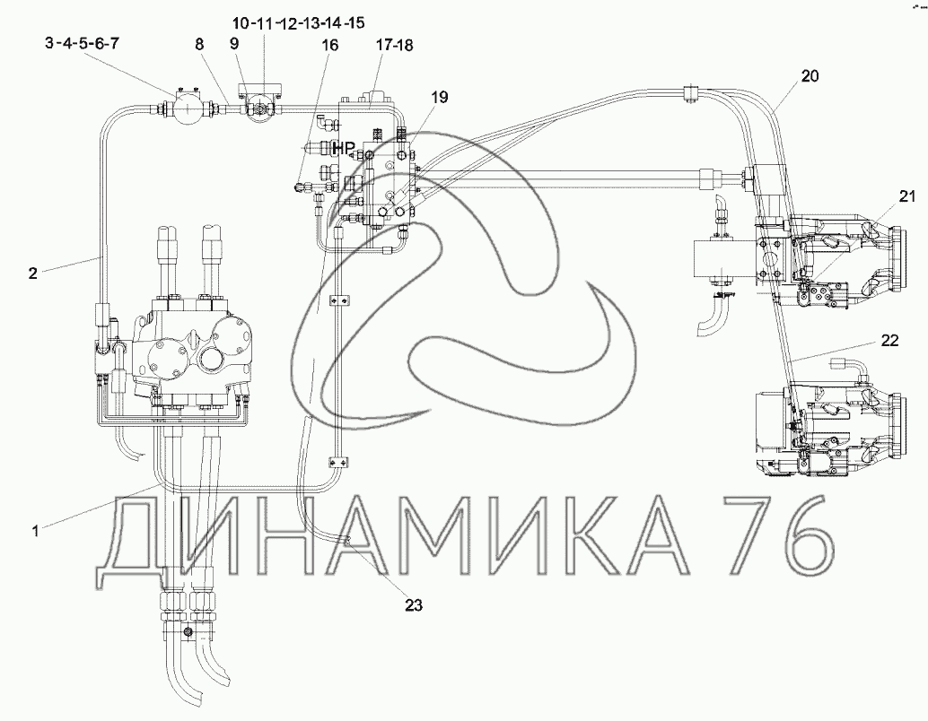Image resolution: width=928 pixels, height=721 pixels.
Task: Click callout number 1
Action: tap(36, 531)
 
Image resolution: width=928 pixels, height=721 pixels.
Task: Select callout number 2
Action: tap(33, 273)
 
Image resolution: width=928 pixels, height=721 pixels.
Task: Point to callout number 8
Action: tap(199, 44)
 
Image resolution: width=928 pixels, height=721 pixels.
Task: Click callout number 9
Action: tap(234, 43)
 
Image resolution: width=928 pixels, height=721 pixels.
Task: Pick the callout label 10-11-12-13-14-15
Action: tap(298, 23)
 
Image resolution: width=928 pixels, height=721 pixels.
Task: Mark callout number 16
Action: tap(330, 45)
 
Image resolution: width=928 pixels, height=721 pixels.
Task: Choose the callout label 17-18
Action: tap(394, 45)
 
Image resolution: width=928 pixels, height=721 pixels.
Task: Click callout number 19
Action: tap(440, 97)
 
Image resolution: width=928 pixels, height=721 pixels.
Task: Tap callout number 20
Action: tap(810, 75)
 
